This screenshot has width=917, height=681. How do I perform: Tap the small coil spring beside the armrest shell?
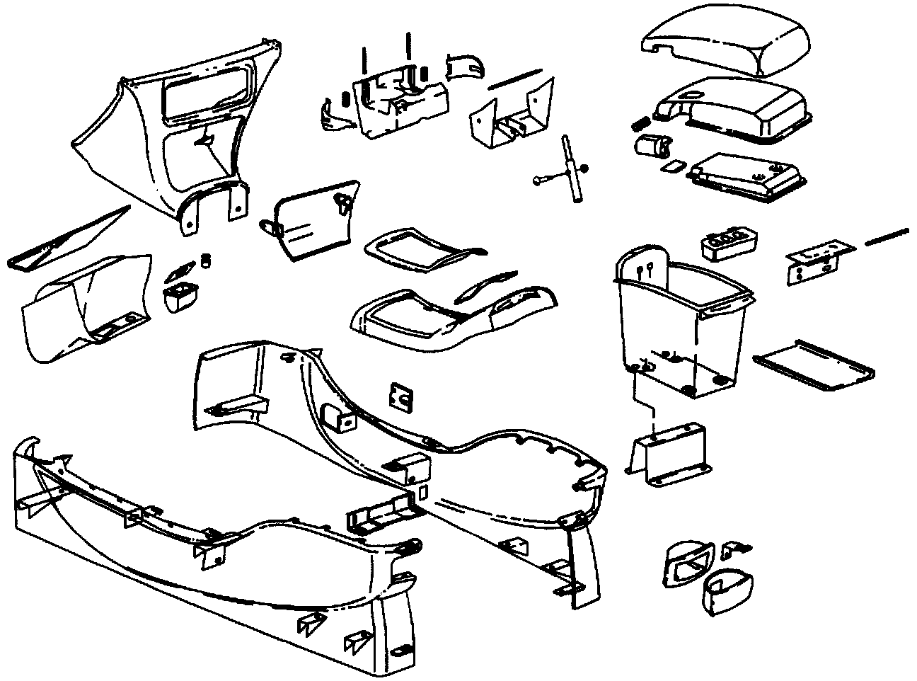(x=640, y=122)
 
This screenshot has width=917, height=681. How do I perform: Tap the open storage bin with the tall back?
(x=679, y=319)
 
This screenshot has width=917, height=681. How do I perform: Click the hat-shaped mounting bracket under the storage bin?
(x=669, y=453)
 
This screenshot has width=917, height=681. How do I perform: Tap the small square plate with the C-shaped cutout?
(x=401, y=398)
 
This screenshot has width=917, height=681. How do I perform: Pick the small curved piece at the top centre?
(x=467, y=66)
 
